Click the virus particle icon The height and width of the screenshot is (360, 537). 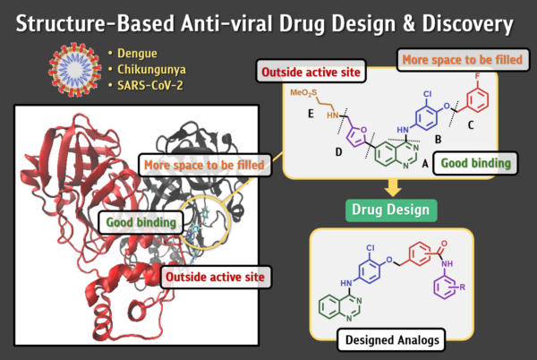(74, 70)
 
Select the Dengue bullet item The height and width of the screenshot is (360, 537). (132, 54)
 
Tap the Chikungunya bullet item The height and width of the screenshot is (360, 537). (148, 70)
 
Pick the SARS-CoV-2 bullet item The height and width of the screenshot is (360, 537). (146, 85)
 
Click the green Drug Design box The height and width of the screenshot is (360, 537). (391, 210)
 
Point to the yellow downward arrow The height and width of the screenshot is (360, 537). (393, 187)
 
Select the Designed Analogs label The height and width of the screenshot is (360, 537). (391, 339)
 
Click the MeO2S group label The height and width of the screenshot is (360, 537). (303, 93)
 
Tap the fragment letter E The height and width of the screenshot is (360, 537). (311, 114)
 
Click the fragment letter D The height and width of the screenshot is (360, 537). (338, 151)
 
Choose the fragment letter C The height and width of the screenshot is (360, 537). (471, 125)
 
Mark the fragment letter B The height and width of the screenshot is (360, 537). (438, 140)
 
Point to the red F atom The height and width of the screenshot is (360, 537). (477, 76)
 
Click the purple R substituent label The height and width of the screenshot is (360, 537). (463, 287)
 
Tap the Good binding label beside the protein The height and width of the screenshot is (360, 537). (141, 222)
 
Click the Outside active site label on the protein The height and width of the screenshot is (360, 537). (216, 277)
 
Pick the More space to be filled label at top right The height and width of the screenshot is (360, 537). (463, 60)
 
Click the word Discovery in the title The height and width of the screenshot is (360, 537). (467, 24)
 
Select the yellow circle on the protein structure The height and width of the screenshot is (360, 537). (230, 223)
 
